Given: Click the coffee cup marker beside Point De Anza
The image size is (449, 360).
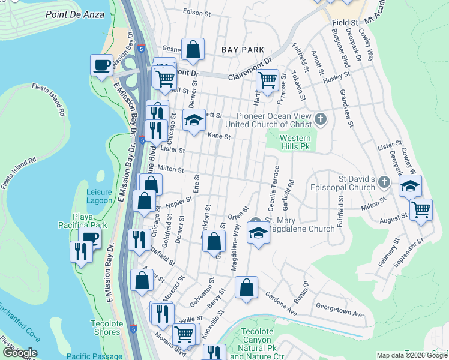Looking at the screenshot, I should coord(101,64).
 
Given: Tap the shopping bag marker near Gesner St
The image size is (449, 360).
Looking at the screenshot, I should coord(193,50).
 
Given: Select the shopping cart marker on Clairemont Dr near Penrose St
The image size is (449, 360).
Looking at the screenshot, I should coord(267,79).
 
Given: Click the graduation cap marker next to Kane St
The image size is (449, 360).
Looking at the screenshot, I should coord(194,120).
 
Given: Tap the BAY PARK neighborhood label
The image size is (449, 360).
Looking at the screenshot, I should coord(243,50).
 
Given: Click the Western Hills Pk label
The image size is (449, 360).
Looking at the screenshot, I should coord(295,142).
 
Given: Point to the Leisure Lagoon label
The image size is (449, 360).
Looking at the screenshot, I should coord(99,196).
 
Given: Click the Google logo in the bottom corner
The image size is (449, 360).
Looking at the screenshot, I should coord(19,353).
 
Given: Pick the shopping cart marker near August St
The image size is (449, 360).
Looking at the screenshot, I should coord(421,209).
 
